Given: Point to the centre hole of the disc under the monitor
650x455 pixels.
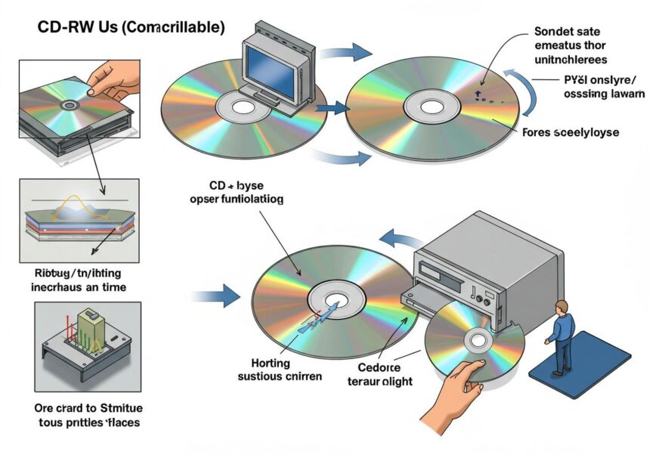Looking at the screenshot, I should click(x=243, y=107).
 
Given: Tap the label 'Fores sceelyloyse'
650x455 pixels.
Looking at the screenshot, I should click(x=571, y=132).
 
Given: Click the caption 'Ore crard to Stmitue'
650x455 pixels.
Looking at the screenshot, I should click(x=79, y=409).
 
